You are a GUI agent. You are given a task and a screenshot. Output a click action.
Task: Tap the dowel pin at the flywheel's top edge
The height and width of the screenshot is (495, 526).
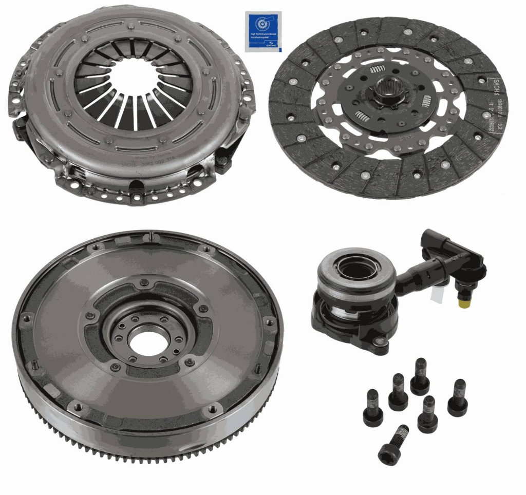152,236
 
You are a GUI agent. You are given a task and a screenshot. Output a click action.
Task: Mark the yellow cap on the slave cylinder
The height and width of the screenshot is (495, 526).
465,304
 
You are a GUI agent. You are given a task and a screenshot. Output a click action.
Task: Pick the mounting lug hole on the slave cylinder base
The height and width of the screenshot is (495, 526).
381,342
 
